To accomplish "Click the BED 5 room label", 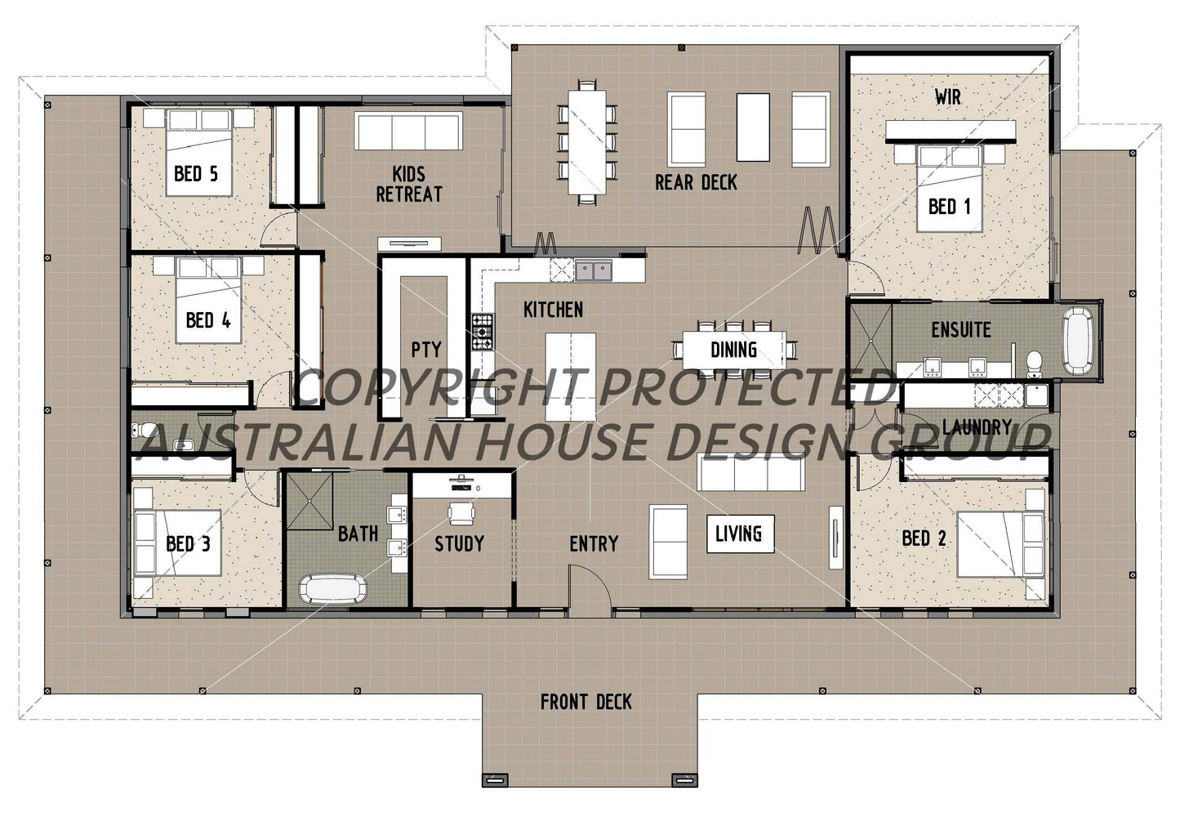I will click(196, 173).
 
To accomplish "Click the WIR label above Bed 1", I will click(947, 97).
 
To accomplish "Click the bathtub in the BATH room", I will click(333, 589).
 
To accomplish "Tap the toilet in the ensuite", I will click(1035, 359).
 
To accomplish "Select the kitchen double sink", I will click(594, 270).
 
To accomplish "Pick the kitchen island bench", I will click(570, 376).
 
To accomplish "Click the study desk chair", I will click(460, 513).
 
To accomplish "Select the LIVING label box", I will click(739, 534).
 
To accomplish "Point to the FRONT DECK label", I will click(586, 701).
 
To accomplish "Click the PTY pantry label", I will click(425, 350).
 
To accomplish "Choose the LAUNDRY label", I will click(976, 426).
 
